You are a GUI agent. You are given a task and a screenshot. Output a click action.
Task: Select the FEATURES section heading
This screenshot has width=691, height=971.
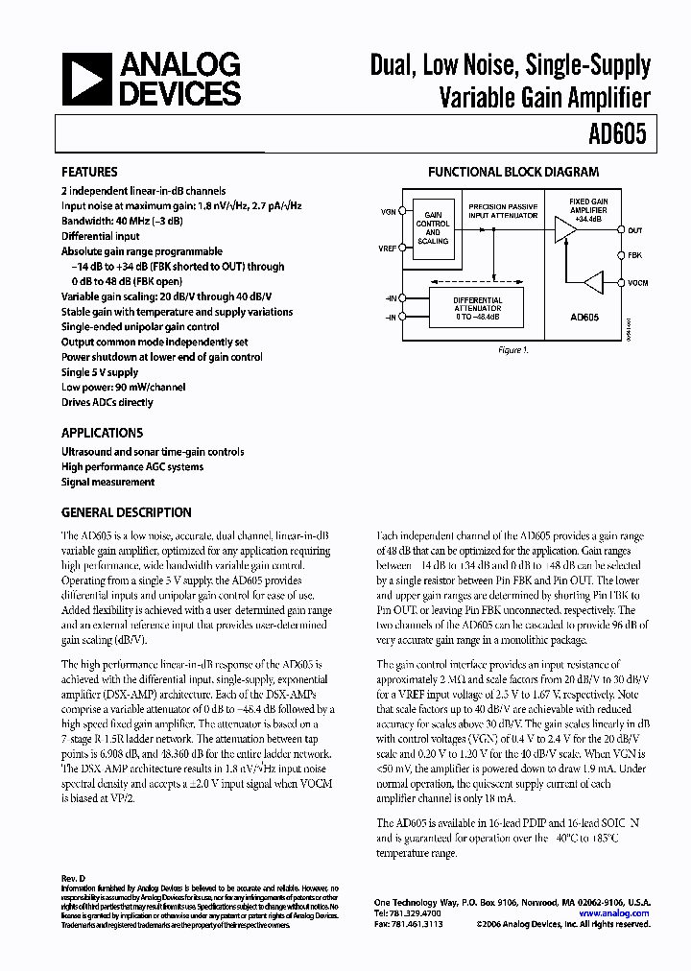(89, 172)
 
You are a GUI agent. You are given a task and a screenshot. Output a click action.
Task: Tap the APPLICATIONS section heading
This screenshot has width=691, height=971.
(102, 433)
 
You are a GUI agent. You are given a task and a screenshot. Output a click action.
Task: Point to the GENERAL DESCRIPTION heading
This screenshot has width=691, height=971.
(126, 512)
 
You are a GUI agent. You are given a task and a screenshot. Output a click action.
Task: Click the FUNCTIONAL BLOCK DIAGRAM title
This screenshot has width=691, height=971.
(512, 173)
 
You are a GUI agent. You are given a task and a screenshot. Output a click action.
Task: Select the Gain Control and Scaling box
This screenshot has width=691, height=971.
(432, 231)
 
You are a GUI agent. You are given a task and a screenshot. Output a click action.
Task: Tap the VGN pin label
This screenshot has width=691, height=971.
(387, 211)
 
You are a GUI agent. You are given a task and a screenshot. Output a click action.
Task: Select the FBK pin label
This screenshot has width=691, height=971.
(634, 255)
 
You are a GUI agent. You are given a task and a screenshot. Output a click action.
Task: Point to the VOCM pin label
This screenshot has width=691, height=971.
(637, 282)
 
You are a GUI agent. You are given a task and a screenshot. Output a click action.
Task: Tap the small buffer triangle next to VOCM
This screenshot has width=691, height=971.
(595, 282)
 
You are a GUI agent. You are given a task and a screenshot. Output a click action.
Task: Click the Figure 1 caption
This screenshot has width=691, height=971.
(512, 350)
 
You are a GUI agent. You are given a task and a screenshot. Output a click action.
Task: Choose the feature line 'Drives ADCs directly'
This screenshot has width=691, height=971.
(107, 403)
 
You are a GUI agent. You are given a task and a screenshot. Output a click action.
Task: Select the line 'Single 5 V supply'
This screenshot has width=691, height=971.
(100, 372)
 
